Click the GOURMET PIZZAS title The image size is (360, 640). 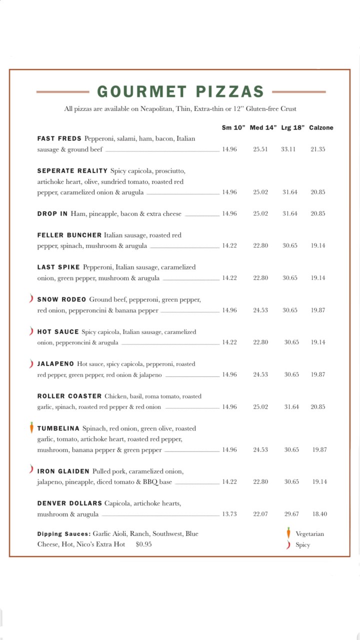coord(180,92)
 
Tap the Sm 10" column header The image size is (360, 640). coord(233,128)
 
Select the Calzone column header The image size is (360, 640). coord(321,128)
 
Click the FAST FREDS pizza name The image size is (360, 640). coord(59,138)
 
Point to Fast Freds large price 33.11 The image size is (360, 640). coord(288,149)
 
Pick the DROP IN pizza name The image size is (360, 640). coord(52,214)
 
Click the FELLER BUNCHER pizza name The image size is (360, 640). coord(69,235)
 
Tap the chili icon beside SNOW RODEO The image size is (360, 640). coord(31,299)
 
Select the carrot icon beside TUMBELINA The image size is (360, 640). coord(31,427)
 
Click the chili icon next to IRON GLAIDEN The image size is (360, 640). coord(31,469)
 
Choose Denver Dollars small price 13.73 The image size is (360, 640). coord(229,514)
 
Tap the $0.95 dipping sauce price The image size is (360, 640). coord(143,544)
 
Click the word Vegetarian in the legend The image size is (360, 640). coord(309,534)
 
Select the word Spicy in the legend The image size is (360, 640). coord(302,545)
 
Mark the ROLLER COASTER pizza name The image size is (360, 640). coord(69,396)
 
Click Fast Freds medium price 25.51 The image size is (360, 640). coord(260,149)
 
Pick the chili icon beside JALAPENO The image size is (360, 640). coord(31,363)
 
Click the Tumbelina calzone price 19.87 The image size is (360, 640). coord(319,450)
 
